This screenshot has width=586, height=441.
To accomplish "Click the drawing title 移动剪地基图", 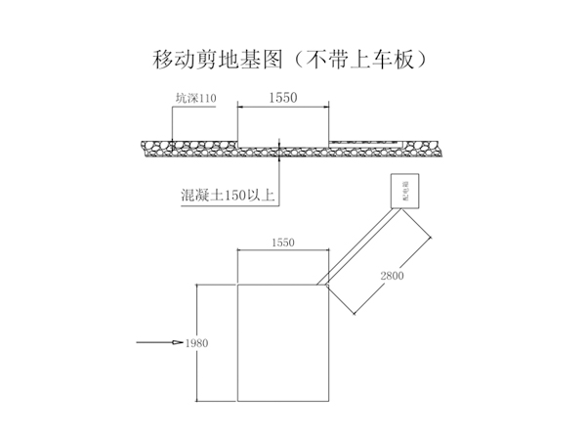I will click(x=212, y=60).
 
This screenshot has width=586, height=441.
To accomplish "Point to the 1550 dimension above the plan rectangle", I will click(x=281, y=242).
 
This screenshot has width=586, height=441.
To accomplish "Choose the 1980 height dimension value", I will click(x=196, y=343).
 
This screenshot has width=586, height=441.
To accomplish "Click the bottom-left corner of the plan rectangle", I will click(x=237, y=402).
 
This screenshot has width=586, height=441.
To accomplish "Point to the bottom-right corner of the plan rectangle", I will click(x=327, y=402).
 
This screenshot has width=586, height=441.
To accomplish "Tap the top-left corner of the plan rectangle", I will click(x=237, y=286).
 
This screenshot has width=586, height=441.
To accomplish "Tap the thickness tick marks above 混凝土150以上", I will click(x=281, y=148).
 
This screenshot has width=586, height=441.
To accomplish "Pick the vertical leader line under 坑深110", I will click(x=172, y=122).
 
